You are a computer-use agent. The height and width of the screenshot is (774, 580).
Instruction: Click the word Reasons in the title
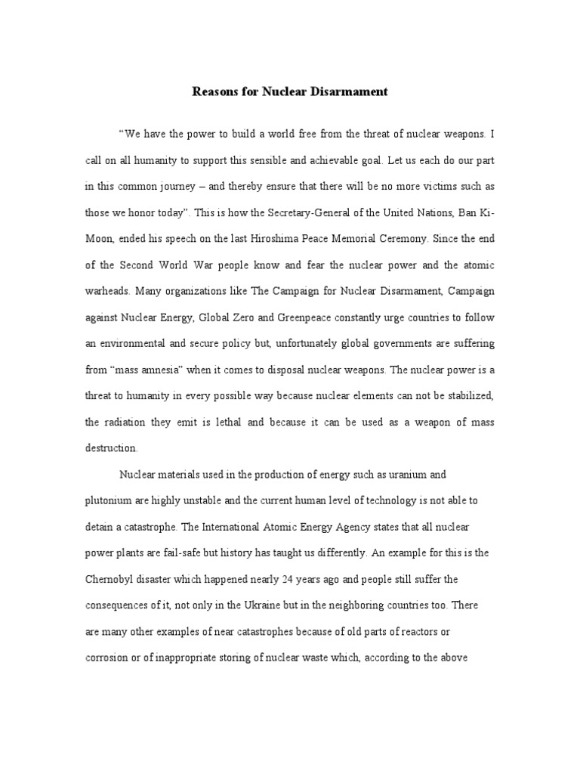pyautogui.click(x=215, y=91)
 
